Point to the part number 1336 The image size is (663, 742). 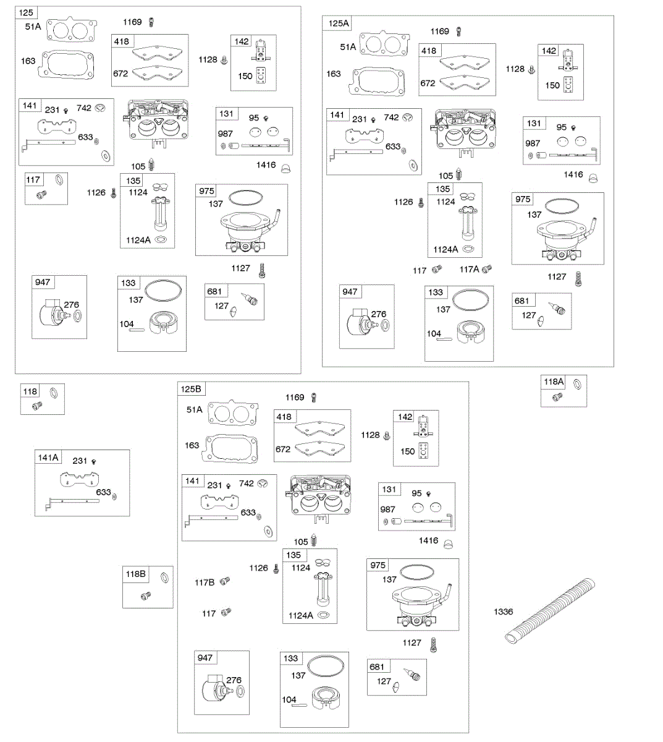tap(503, 612)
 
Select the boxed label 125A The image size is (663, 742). tap(339, 23)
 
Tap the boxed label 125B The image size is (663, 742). tap(191, 389)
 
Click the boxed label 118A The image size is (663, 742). tap(554, 382)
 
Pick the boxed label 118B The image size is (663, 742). tap(136, 574)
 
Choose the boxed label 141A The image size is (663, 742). tap(48, 458)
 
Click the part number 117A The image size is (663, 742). tap(469, 270)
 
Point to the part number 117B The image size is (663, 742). tap(205, 582)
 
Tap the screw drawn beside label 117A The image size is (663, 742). tap(486, 268)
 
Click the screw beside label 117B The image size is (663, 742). tap(224, 581)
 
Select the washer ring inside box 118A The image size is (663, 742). tap(576, 384)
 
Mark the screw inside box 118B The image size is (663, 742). tap(146, 596)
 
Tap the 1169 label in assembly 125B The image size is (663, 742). tap(294, 397)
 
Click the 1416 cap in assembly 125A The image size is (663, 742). tap(593, 178)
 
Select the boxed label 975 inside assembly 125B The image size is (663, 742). tap(378, 565)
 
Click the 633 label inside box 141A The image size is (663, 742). tap(103, 492)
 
